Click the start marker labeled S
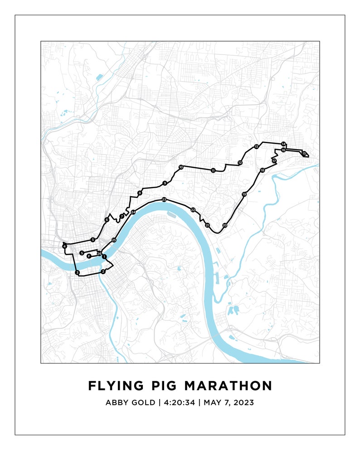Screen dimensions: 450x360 tap(82, 253)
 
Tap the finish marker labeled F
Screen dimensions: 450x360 tap(89, 256)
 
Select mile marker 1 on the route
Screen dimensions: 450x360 tap(104, 257)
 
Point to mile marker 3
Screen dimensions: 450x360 tap(78, 273)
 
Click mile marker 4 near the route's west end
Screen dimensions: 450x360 tap(65, 246)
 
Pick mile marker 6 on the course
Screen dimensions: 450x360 tap(107, 220)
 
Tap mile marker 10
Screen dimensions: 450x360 tap(181, 167)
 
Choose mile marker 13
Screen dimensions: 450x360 tap(256, 146)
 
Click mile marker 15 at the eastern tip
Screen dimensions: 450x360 tap(304, 154)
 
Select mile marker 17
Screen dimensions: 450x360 tap(274, 161)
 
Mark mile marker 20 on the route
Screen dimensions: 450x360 tap(224, 225)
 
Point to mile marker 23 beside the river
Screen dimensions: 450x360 tap(164, 200)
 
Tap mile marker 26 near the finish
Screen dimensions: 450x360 tap(99, 253)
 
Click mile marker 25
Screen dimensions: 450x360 tap(114, 240)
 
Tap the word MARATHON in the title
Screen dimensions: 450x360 tap(229, 386)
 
